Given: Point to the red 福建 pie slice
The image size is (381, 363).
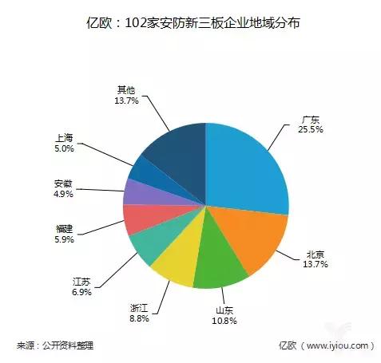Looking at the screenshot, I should click(138, 219).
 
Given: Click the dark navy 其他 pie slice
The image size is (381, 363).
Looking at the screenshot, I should click(176, 152).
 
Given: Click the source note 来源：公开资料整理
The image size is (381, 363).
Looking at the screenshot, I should click(55, 345).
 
